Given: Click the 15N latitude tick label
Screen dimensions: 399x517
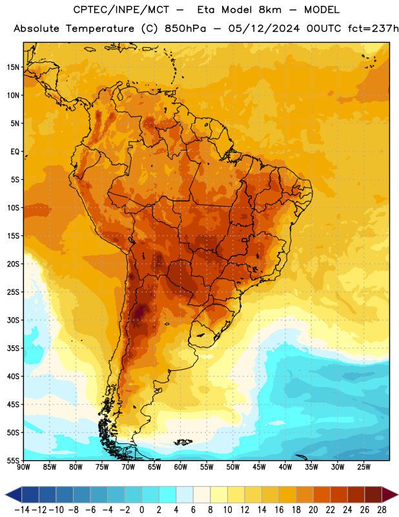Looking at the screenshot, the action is [x=13, y=67].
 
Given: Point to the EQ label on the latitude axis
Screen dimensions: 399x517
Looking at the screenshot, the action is [x=15, y=152].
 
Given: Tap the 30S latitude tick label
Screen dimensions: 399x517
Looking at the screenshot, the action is [x=13, y=320].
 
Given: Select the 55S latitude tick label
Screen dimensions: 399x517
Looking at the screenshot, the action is [x=13, y=460].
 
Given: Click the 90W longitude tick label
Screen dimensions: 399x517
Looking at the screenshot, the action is [x=23, y=467].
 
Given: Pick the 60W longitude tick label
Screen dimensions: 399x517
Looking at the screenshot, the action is [x=181, y=467].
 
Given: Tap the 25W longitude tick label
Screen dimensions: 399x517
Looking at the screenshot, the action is [x=363, y=467].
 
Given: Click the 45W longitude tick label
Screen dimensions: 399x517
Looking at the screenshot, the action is [x=259, y=467].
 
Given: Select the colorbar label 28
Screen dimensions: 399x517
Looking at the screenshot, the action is [x=382, y=510].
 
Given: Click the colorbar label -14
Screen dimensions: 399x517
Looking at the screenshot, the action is [x=22, y=510].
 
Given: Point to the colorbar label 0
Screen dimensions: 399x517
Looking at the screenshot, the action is [x=141, y=510].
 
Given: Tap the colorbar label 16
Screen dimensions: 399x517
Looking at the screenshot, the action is [x=279, y=510].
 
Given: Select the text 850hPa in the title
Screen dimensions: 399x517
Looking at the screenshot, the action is [x=185, y=28].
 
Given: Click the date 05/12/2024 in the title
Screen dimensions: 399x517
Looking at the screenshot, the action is [x=264, y=28].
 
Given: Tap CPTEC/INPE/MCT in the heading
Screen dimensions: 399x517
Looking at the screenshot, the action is [x=121, y=10].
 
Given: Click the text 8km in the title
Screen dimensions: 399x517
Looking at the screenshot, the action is [x=270, y=10].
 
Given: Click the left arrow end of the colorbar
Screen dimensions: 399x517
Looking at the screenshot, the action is [x=6, y=494].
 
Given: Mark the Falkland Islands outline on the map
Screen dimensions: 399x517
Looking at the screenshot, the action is [x=183, y=442].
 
